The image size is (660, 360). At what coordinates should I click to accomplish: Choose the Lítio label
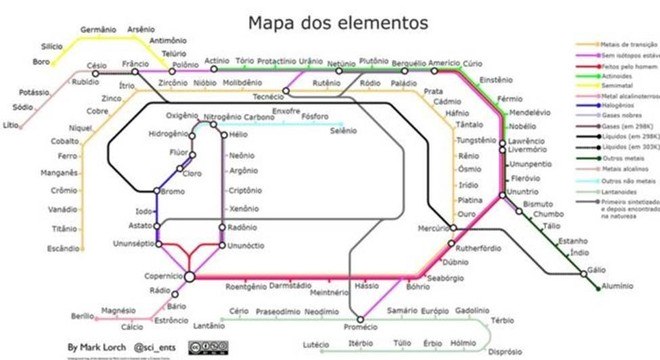tap(11, 125)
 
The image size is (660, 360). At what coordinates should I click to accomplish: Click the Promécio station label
tap(361, 327)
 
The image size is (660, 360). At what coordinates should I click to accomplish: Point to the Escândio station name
tap(64, 248)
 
